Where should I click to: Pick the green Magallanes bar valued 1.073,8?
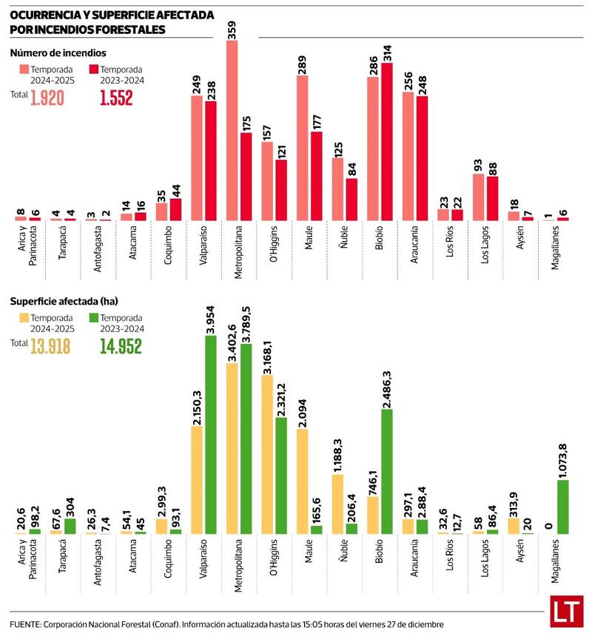pos(562,507)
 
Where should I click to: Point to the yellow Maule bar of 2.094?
pos(303,481)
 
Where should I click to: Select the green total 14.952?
pos(120,345)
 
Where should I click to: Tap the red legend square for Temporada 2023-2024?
pos(93,69)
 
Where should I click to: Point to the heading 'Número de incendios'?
pos(58,53)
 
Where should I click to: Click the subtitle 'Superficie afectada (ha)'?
pos(64,302)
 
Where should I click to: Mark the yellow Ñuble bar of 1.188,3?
pos(337,504)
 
